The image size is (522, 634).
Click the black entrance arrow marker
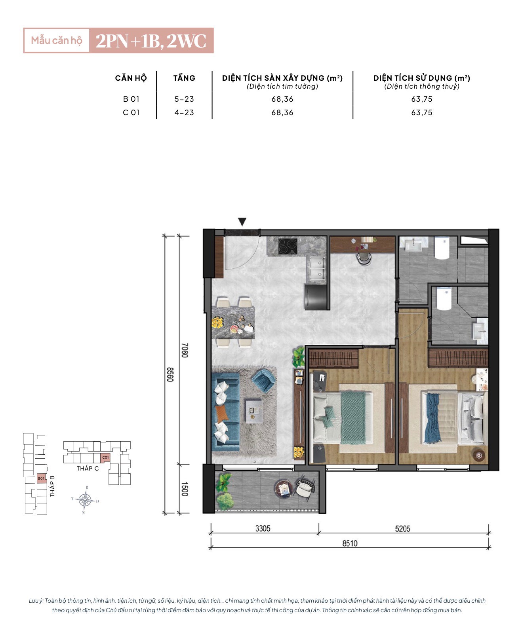(x=242, y=222)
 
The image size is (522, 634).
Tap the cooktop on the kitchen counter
(x=288, y=246)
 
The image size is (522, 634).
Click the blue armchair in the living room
(x=263, y=380)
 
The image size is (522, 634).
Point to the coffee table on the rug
(x=253, y=411)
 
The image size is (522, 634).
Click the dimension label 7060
(x=185, y=350)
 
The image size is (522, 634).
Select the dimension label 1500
(x=185, y=489)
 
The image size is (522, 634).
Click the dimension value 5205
(x=402, y=528)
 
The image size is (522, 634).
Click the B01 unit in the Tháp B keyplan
(x=42, y=478)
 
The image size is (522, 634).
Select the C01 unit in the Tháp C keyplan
(x=105, y=457)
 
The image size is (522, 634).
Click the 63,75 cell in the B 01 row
(x=421, y=99)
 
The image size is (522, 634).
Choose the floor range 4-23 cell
(x=184, y=112)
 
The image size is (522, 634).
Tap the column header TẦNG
(x=184, y=78)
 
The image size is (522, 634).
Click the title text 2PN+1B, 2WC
(x=151, y=41)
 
